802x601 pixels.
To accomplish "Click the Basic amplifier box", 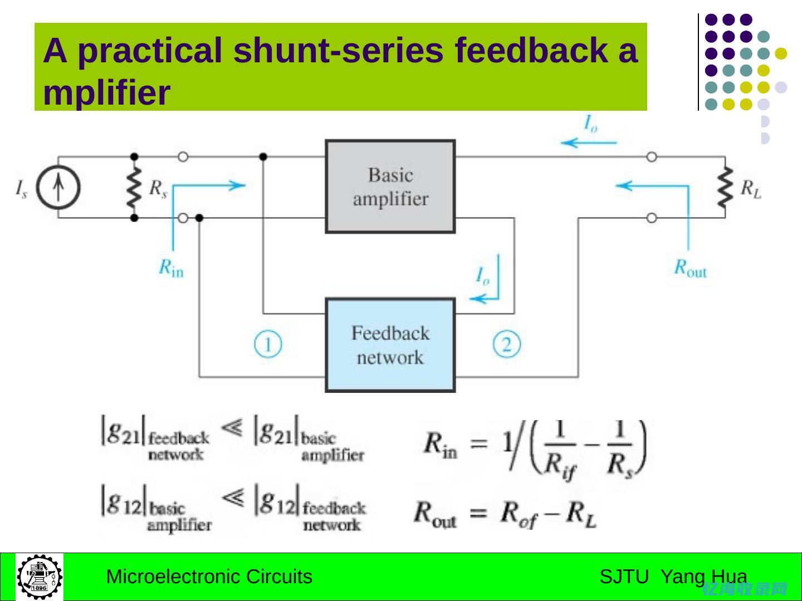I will (390, 187).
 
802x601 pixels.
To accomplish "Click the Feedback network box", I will (390, 345).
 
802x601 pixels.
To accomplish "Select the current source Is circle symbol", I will (58, 187).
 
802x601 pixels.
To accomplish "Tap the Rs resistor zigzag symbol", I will (134, 187).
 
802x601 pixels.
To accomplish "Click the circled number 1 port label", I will (268, 344).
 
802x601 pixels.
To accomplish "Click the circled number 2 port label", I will (506, 344).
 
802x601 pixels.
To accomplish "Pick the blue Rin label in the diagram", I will (171, 268).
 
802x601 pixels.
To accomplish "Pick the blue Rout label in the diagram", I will (690, 268).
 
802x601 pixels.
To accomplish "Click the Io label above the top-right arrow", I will (590, 124).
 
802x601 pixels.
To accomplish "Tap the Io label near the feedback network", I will (482, 276).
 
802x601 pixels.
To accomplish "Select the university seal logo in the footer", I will (40, 577).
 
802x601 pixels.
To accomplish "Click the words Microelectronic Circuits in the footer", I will (209, 577).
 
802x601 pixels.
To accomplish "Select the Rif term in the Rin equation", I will (560, 464).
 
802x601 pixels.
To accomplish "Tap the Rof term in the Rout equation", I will (519, 513).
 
